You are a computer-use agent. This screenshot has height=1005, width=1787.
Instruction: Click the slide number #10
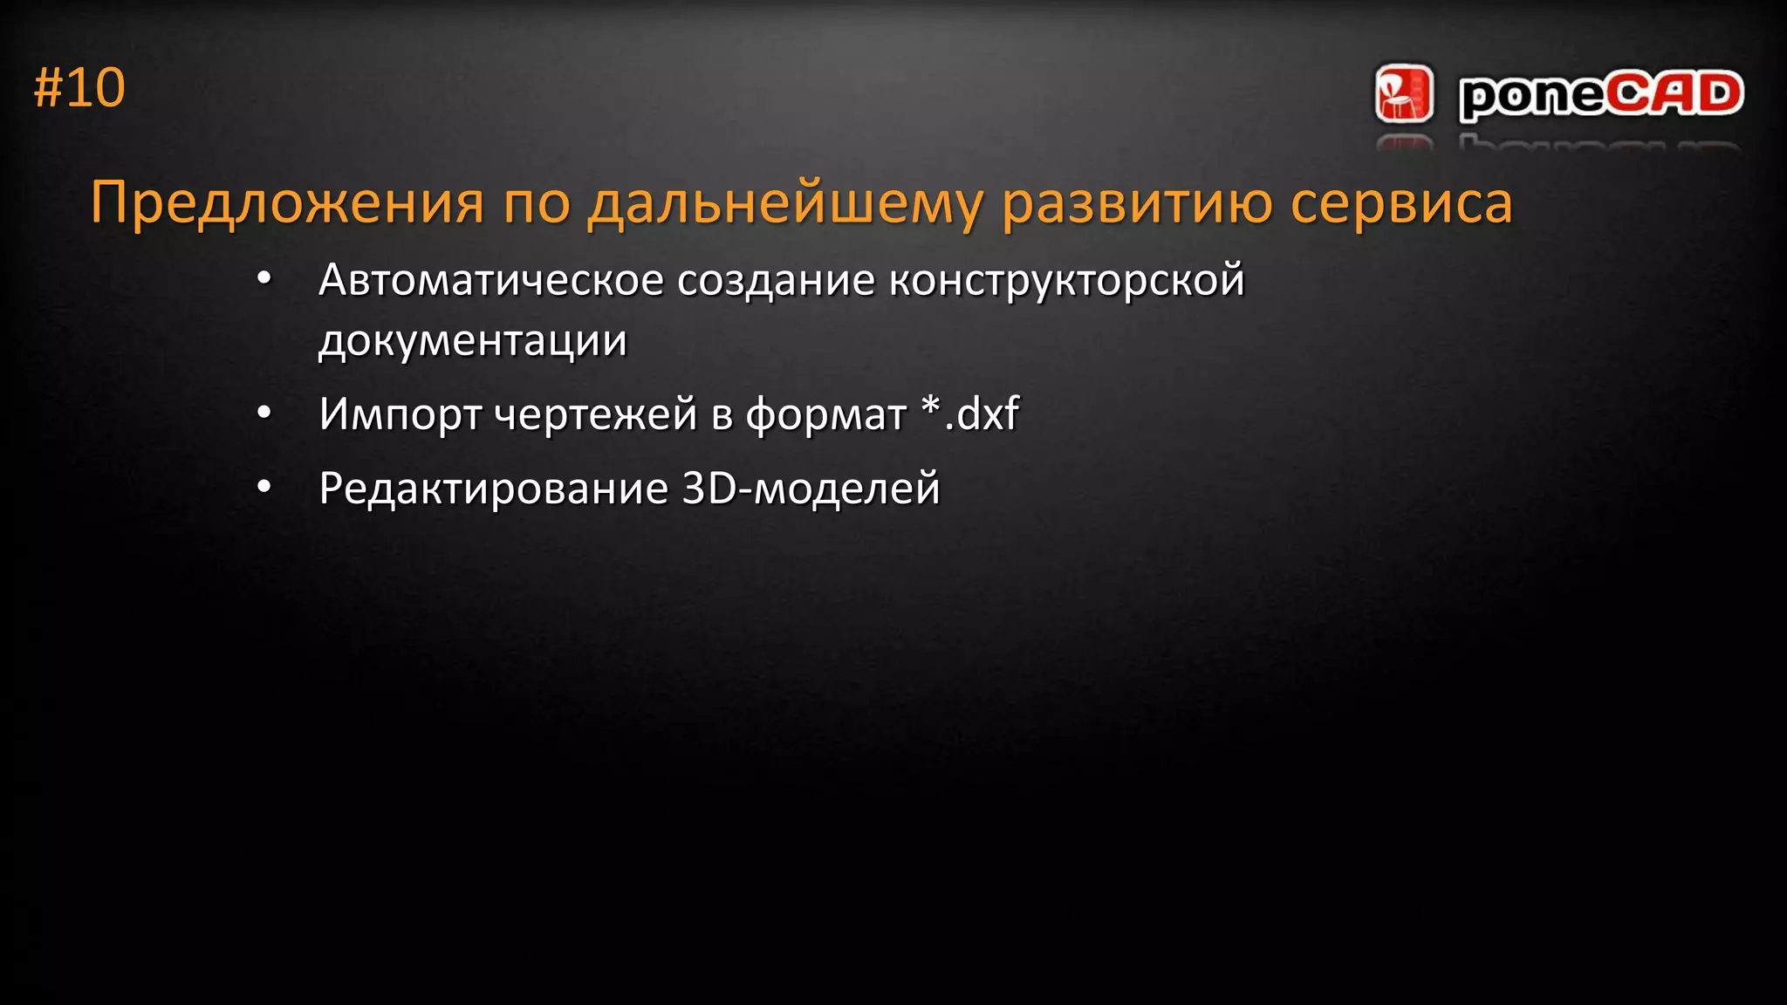click(79, 88)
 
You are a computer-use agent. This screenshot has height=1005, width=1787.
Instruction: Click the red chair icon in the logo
click(1403, 93)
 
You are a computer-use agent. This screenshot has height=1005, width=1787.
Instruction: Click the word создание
click(776, 280)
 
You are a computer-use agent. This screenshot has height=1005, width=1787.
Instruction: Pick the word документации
click(473, 340)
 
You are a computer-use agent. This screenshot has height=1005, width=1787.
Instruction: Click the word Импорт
click(399, 414)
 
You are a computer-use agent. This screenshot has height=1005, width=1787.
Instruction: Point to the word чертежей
click(595, 414)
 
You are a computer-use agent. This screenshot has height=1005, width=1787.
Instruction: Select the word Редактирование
click(493, 489)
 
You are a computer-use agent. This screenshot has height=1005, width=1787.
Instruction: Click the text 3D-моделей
click(811, 489)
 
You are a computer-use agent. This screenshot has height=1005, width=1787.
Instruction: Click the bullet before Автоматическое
click(264, 279)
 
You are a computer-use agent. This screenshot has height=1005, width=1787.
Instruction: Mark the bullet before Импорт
click(264, 413)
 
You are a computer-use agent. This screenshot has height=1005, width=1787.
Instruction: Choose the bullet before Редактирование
click(264, 488)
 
